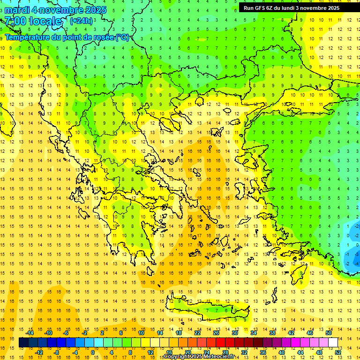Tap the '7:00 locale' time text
[x=33, y=21]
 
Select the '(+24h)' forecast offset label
[x=81, y=21]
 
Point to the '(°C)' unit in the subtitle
[x=122, y=37]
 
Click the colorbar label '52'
[x=338, y=352]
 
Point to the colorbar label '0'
[x=92, y=352]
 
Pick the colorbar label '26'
[x=216, y=333]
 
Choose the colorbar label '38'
[x=272, y=333]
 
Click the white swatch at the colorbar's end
[x=333, y=343]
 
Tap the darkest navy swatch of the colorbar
[x=23, y=343]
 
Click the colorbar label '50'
[x=329, y=333]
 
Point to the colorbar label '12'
[x=150, y=352]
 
